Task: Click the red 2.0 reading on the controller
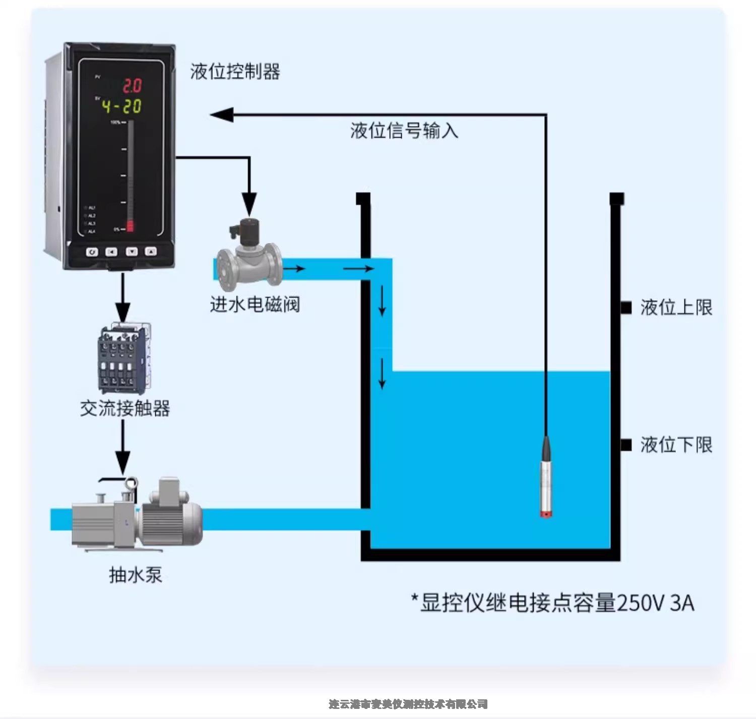[132, 86]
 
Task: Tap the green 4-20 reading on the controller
[121, 106]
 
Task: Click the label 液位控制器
[235, 72]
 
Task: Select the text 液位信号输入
[404, 131]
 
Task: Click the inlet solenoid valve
[248, 257]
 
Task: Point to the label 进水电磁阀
[255, 304]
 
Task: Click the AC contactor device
[123, 358]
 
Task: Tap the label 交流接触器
[125, 408]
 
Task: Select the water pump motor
[171, 517]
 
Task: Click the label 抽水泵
[136, 575]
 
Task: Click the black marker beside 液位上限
[626, 307]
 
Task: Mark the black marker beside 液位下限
[626, 445]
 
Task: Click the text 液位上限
[676, 307]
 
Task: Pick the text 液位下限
[676, 445]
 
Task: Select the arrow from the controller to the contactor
[123, 297]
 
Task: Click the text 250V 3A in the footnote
[655, 603]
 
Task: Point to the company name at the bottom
[408, 704]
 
